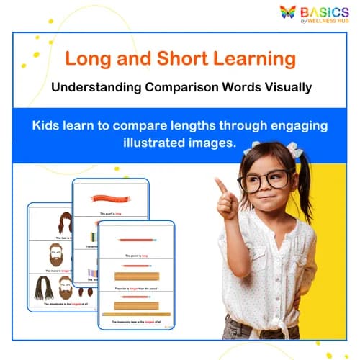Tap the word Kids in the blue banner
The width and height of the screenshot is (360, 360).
[x=46, y=125]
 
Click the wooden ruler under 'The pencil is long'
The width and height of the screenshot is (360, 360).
[x=136, y=276]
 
